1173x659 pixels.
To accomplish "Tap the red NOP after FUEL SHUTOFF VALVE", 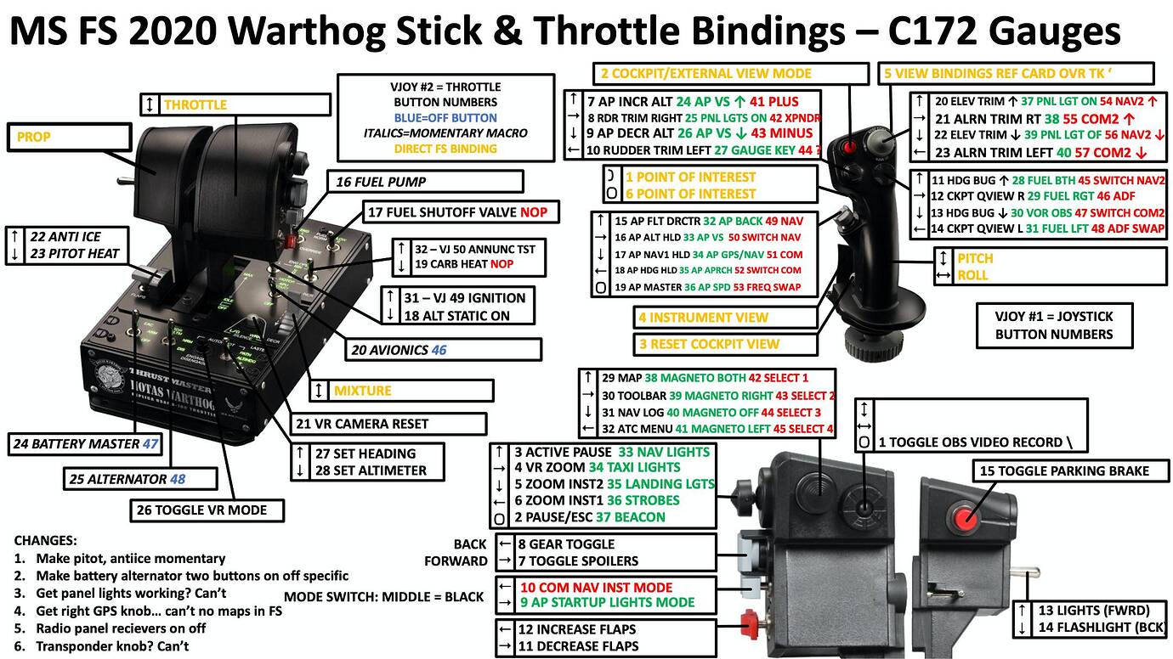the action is pos(534,212).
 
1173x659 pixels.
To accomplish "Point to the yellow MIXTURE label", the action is pos(362,391).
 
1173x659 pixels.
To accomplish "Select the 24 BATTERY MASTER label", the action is pos(85,443).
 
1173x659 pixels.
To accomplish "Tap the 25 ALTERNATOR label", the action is pos(127,479).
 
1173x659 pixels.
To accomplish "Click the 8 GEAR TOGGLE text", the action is pos(566,544).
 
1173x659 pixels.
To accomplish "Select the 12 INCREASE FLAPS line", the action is pos(577,630).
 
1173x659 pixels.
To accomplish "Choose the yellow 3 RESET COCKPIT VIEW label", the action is pos(709,345).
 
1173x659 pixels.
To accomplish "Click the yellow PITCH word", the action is pos(975,258).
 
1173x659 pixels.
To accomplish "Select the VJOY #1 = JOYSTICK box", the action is pos(1054,325).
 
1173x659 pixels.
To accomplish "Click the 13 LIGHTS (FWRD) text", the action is pos(1093,611).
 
